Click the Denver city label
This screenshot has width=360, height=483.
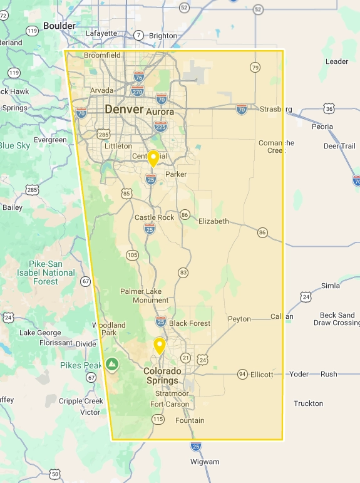pyautogui.click(x=123, y=110)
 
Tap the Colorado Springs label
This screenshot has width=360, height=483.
pyautogui.click(x=163, y=375)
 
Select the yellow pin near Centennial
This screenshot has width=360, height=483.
pyautogui.click(x=152, y=158)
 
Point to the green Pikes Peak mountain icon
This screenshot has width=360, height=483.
pyautogui.click(x=112, y=364)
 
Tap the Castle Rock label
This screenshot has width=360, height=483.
pyautogui.click(x=154, y=217)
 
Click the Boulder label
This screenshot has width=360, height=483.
pyautogui.click(x=59, y=26)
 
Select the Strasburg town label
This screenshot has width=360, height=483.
pyautogui.click(x=275, y=109)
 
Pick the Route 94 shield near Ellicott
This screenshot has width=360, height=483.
pyautogui.click(x=242, y=374)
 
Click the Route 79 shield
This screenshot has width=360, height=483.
pyautogui.click(x=255, y=67)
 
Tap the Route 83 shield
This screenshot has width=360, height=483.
pyautogui.click(x=183, y=272)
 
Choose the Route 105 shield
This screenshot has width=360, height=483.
pyautogui.click(x=132, y=254)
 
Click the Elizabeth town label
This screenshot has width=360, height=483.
pyautogui.click(x=213, y=221)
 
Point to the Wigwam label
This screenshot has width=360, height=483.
pyautogui.click(x=205, y=462)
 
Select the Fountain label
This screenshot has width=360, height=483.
pyautogui.click(x=190, y=420)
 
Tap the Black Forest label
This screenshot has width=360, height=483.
pyautogui.click(x=190, y=323)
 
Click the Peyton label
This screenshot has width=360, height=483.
pyautogui.click(x=239, y=319)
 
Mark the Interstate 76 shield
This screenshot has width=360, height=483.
pyautogui.click(x=138, y=77)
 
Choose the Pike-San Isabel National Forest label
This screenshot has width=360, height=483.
pyautogui.click(x=51, y=273)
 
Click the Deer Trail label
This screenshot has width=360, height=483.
pyautogui.click(x=339, y=146)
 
